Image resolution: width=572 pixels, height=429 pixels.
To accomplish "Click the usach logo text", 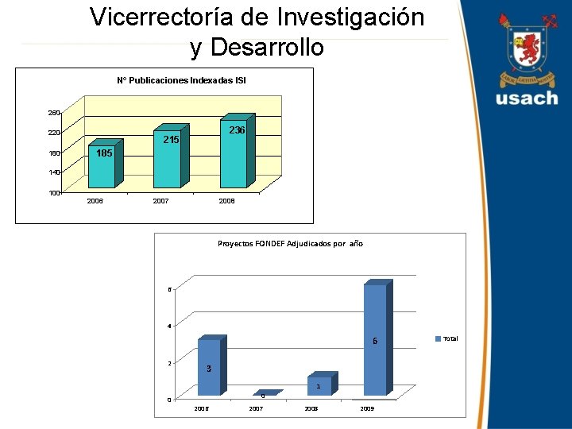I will (527, 99).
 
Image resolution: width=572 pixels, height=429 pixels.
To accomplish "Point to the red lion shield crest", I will (527, 50).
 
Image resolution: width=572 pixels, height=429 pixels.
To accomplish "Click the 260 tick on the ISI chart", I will (53, 113).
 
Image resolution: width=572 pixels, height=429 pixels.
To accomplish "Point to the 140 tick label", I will (53, 172).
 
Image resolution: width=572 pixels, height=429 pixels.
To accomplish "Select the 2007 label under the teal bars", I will (160, 202).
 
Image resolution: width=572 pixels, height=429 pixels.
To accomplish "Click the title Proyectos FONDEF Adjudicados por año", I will (290, 243).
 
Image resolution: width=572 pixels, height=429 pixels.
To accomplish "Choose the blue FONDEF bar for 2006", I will (209, 367).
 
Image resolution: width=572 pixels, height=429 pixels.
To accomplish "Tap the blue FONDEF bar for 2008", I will (319, 386).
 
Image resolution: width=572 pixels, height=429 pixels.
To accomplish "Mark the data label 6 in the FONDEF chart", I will (375, 342).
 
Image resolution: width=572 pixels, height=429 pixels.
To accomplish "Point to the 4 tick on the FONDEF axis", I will (168, 326).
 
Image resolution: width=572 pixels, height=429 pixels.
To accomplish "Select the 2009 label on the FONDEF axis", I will (367, 408).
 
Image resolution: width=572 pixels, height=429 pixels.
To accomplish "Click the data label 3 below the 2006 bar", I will (208, 369).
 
